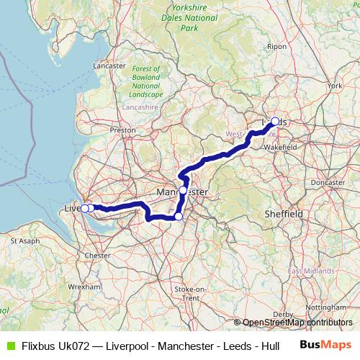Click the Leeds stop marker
[275, 122]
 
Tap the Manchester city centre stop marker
[184, 190]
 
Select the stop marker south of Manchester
[179, 216]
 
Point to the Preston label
[122, 130]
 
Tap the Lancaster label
[109, 66]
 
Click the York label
[334, 86]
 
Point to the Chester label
[97, 255]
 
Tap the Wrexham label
[85, 286]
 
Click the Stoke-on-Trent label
[189, 293]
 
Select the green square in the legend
[11, 346]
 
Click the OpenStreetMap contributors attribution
[296, 323]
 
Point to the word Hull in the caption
[271, 346]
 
